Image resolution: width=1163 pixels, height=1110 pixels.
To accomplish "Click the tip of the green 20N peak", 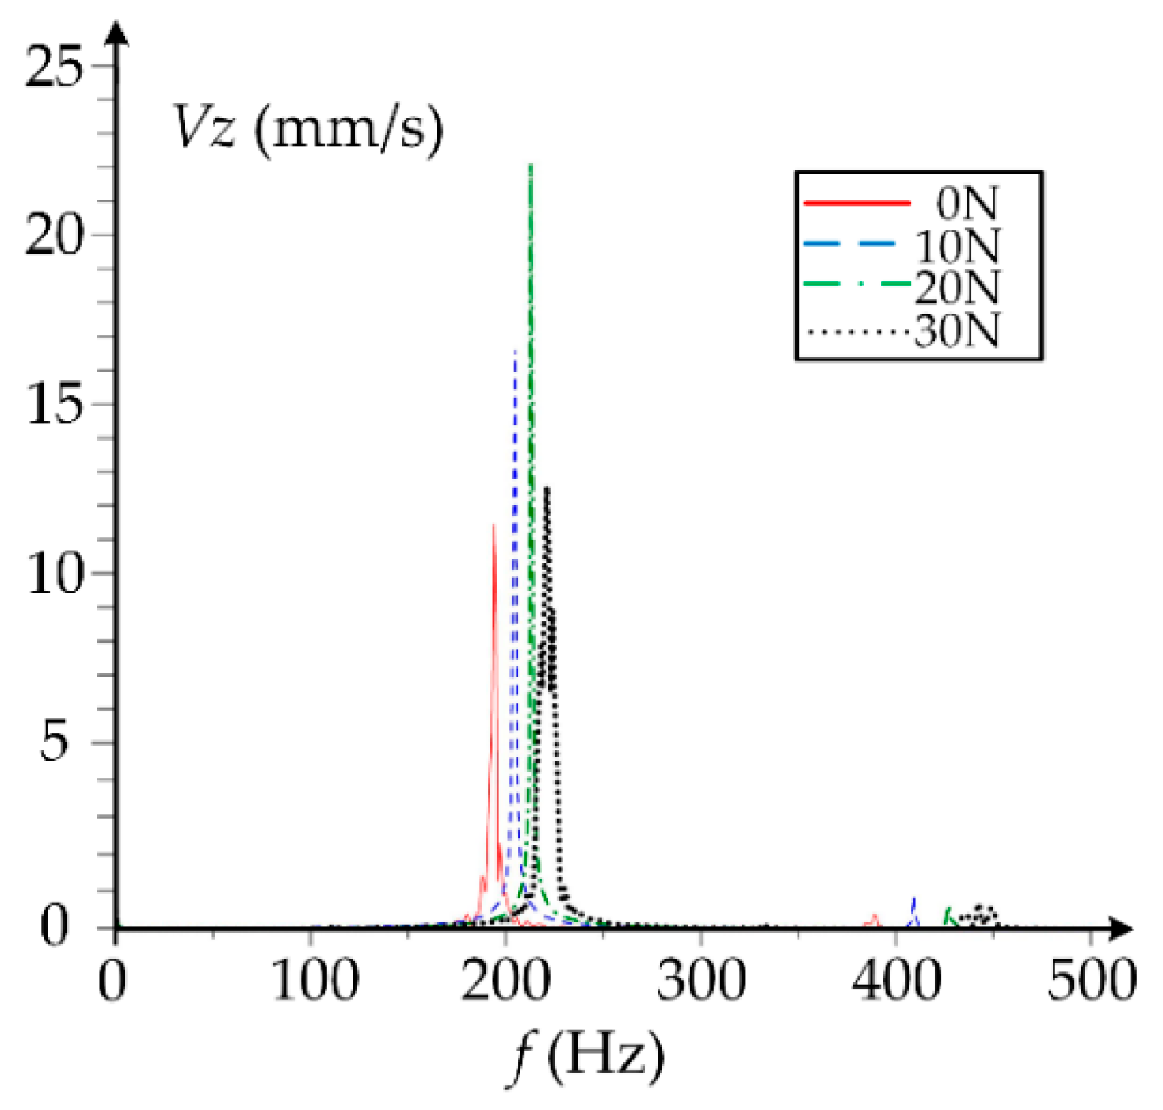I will click(x=531, y=166).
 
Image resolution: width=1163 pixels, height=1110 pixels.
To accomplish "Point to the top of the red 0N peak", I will click(x=494, y=525).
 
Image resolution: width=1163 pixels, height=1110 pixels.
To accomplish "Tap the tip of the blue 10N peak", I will click(x=515, y=351).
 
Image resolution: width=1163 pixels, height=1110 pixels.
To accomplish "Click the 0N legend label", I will click(x=967, y=204).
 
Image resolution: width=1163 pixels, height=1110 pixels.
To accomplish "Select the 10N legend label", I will click(x=957, y=246).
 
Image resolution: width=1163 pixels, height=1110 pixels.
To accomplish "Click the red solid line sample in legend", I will click(x=857, y=204).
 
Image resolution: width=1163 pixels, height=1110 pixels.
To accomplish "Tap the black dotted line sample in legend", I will click(x=857, y=331).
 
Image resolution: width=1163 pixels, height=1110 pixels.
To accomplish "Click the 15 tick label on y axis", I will click(x=54, y=404).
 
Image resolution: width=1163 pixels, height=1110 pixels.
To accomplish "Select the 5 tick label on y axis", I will click(x=54, y=742).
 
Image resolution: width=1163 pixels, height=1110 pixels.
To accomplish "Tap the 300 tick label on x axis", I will click(x=701, y=980).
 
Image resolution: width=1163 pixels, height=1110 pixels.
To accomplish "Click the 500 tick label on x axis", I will click(x=1092, y=980).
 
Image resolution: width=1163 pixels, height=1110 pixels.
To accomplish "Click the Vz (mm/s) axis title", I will click(x=307, y=128).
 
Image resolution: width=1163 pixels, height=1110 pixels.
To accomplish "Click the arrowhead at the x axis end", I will click(x=1121, y=928).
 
